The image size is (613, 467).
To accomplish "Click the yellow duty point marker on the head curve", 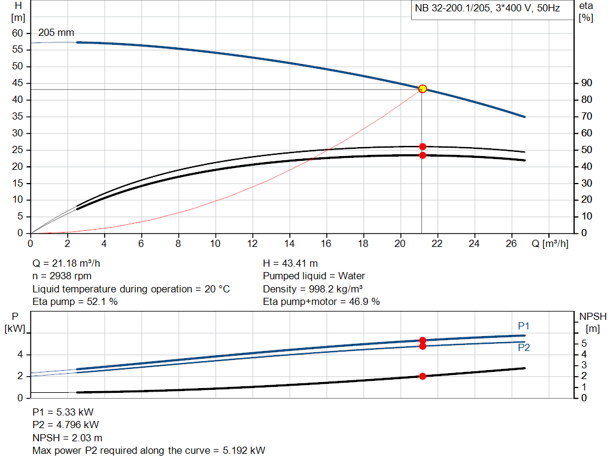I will point(423,88).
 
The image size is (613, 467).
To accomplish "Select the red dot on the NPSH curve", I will point(423,376).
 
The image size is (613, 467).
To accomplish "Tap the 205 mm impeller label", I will point(56,32).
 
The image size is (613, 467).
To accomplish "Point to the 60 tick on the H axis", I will point(17,33).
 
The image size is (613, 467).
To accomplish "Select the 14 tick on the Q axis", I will point(290,243).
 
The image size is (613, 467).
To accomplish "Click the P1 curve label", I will point(524,326).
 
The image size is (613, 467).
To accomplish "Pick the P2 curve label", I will point(524,347).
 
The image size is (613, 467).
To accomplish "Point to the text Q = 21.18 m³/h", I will point(70,263).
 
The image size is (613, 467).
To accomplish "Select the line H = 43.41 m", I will point(290,263).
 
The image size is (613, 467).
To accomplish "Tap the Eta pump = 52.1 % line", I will point(75,301).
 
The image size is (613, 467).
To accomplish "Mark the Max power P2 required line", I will point(148,450).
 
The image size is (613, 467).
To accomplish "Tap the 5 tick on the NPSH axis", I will point(585,344).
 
